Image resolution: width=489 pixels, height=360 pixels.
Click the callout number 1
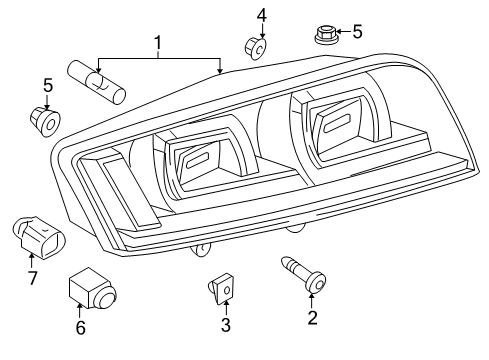click(x=158, y=43)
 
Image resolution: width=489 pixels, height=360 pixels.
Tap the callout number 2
click(x=312, y=318)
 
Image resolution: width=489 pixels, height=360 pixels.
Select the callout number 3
click(x=226, y=325)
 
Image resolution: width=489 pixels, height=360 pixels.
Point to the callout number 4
click(x=262, y=16)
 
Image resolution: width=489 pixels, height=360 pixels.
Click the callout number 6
click(x=81, y=327)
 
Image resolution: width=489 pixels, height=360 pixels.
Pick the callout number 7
click(x=32, y=278)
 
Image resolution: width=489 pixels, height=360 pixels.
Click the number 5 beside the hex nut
click(x=357, y=32)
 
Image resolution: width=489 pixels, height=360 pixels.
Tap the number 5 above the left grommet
click(x=48, y=85)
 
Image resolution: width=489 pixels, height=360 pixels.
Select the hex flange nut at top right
click(x=326, y=34)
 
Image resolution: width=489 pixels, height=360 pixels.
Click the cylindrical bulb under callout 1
click(x=96, y=83)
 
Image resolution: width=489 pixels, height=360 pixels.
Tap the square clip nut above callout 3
click(x=221, y=288)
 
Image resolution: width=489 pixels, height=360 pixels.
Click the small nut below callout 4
click(x=256, y=49)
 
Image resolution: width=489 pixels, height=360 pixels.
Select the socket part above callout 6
click(x=93, y=288)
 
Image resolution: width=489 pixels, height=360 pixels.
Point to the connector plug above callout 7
click(x=38, y=237)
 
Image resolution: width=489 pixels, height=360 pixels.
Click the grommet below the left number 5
click(x=45, y=121)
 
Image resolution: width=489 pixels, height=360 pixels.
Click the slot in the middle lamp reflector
click(x=198, y=160)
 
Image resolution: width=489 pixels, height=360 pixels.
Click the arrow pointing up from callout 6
click(x=79, y=310)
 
